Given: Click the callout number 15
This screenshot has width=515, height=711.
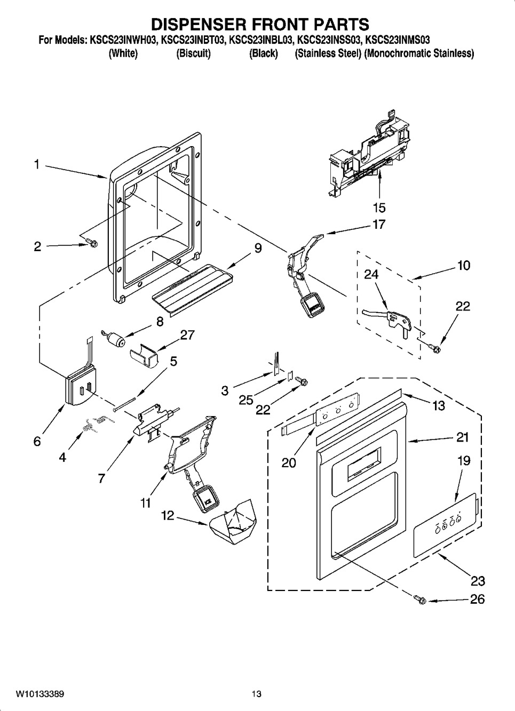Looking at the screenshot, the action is pos(379,207).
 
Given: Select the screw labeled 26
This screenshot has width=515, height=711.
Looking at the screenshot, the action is pos(420,600).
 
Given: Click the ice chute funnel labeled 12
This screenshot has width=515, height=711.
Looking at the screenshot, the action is pos(233,522).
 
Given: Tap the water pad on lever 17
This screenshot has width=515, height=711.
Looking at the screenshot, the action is pos(312,305).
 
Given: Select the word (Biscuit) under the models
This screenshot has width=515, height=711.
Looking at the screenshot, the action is pos(193,53).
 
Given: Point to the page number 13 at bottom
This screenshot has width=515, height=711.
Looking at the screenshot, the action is pos(257,692).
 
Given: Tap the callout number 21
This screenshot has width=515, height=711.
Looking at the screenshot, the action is pos(462,437).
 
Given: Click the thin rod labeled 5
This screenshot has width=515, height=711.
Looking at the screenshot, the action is pos(125,403).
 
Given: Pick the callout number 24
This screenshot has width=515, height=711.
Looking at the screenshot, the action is pos(371,274).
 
